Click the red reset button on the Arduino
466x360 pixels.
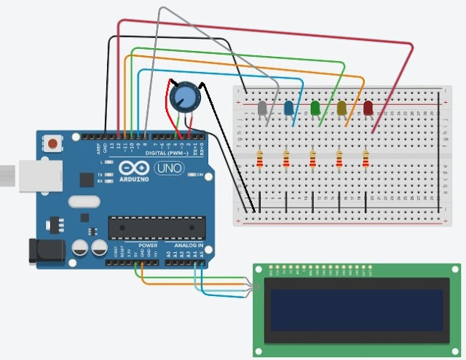pos(53,143)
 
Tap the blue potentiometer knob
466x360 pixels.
pos(183,97)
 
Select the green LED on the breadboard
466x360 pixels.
pos(315,109)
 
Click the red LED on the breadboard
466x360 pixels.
pos(368,109)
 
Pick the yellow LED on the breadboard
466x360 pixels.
pos(341,109)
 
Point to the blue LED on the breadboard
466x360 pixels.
pos(289,109)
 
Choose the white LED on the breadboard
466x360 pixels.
pos(262,109)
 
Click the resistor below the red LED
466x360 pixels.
pos(366,157)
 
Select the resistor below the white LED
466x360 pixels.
pos(260,157)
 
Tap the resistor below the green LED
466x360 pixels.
pos(313,157)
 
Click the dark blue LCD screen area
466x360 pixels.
pos(356,310)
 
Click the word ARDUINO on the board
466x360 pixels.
pos(133,179)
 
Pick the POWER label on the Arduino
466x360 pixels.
pos(148,246)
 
